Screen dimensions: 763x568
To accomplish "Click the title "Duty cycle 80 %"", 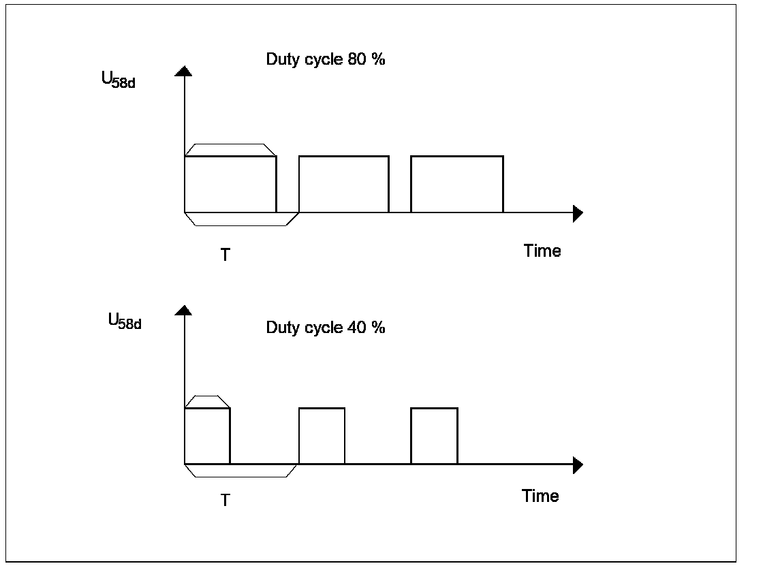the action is point(326,59).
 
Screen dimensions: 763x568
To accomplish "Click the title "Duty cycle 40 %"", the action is point(326,328).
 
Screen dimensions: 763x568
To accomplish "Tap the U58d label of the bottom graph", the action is point(125,321).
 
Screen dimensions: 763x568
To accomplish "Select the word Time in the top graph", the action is point(542,251).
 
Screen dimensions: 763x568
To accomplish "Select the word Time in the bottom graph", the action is point(540,496).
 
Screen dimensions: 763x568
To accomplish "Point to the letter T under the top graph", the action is point(225,255).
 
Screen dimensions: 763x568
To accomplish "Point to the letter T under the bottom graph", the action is point(225,501).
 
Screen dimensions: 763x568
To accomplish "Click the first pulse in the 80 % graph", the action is point(230,185).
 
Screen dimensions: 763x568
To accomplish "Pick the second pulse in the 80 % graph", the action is point(344,185).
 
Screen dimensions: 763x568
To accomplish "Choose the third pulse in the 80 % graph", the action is point(457,185).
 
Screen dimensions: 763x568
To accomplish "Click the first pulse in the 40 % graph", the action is point(207,436).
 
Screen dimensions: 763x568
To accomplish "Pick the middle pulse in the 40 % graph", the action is point(322,436).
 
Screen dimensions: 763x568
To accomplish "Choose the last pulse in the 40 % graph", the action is point(434,436).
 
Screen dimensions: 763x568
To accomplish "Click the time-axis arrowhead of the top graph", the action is point(578,213).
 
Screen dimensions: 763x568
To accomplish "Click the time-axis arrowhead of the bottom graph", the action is point(578,465).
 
